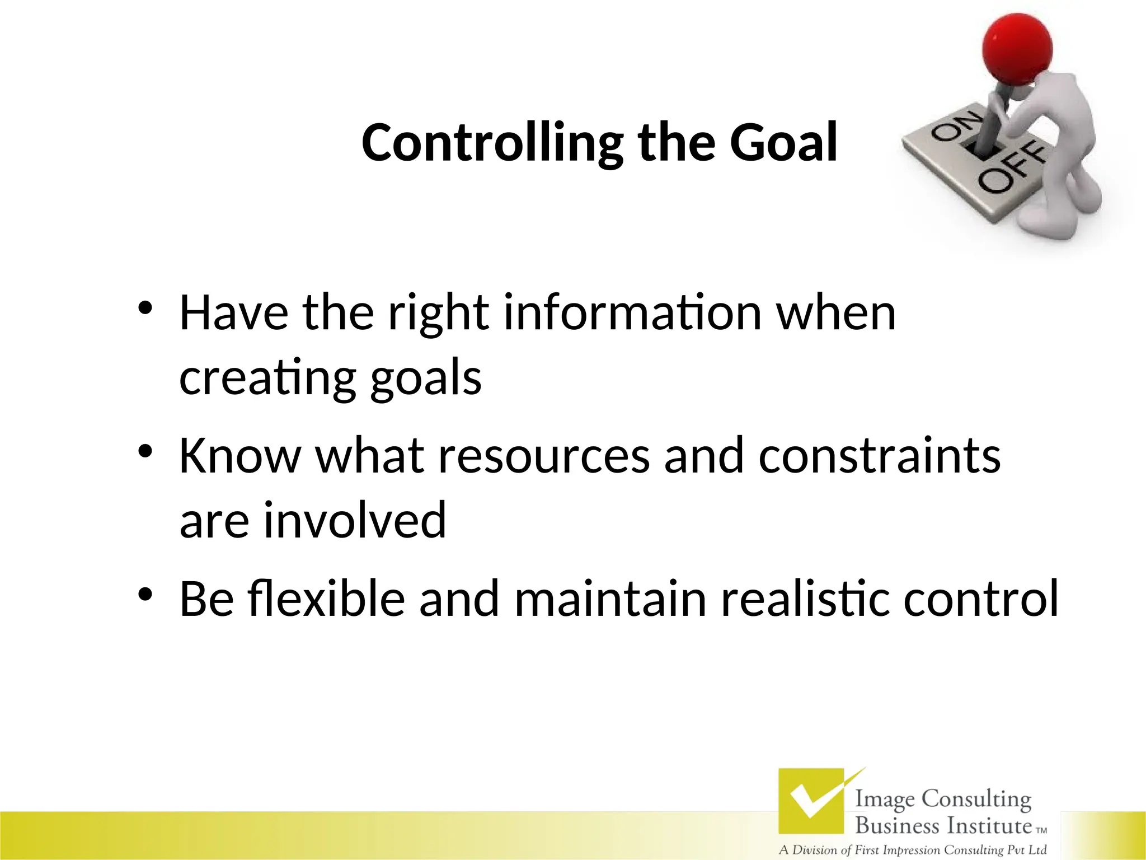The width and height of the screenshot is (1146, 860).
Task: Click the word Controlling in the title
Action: pyautogui.click(x=491, y=143)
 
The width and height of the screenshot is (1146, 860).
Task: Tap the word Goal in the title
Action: pyautogui.click(x=783, y=143)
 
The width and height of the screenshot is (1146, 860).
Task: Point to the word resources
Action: pyautogui.click(x=543, y=456)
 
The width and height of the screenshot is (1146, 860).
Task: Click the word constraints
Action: pyautogui.click(x=879, y=456)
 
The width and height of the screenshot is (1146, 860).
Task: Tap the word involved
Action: pyautogui.click(x=355, y=521)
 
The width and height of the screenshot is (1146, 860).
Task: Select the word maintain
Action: pyautogui.click(x=610, y=599)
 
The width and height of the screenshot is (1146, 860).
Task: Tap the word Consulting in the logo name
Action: pyautogui.click(x=976, y=800)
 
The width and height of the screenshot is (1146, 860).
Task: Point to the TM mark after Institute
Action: pyautogui.click(x=1041, y=831)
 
